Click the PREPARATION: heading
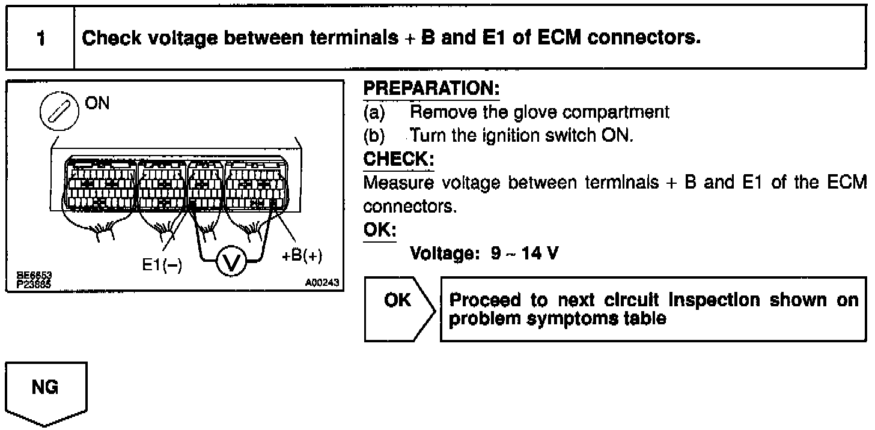[431, 89]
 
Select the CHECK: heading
[398, 160]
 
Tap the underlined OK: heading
[380, 231]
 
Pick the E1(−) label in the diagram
[162, 264]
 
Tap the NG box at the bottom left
[46, 388]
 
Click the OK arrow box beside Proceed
[398, 300]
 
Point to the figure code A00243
[323, 282]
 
